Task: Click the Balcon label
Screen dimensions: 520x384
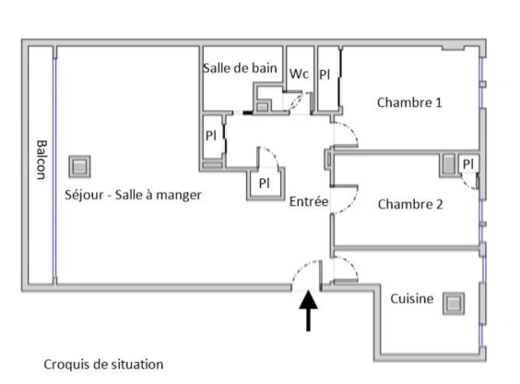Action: pyautogui.click(x=41, y=160)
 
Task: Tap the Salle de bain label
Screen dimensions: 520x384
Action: pyautogui.click(x=240, y=68)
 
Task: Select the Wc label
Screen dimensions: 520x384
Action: pyautogui.click(x=299, y=74)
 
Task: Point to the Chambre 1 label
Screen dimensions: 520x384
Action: pyautogui.click(x=409, y=102)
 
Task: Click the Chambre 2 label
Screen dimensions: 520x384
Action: pyautogui.click(x=410, y=204)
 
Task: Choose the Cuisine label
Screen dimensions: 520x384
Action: pyautogui.click(x=412, y=299)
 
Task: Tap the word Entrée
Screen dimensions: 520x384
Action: pyautogui.click(x=309, y=201)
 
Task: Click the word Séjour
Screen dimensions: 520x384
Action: pyautogui.click(x=84, y=195)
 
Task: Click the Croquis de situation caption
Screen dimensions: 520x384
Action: pyautogui.click(x=103, y=365)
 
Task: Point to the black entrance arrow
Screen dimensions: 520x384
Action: pyautogui.click(x=309, y=311)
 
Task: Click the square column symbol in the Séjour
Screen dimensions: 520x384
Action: pyautogui.click(x=79, y=166)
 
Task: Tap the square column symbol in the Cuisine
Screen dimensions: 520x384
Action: pyautogui.click(x=454, y=304)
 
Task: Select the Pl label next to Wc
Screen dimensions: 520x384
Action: pyautogui.click(x=325, y=75)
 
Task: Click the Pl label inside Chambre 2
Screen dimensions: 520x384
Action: pyautogui.click(x=468, y=164)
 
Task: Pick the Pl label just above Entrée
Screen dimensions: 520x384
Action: pyautogui.click(x=265, y=183)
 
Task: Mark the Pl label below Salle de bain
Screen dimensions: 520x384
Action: pyautogui.click(x=211, y=136)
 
